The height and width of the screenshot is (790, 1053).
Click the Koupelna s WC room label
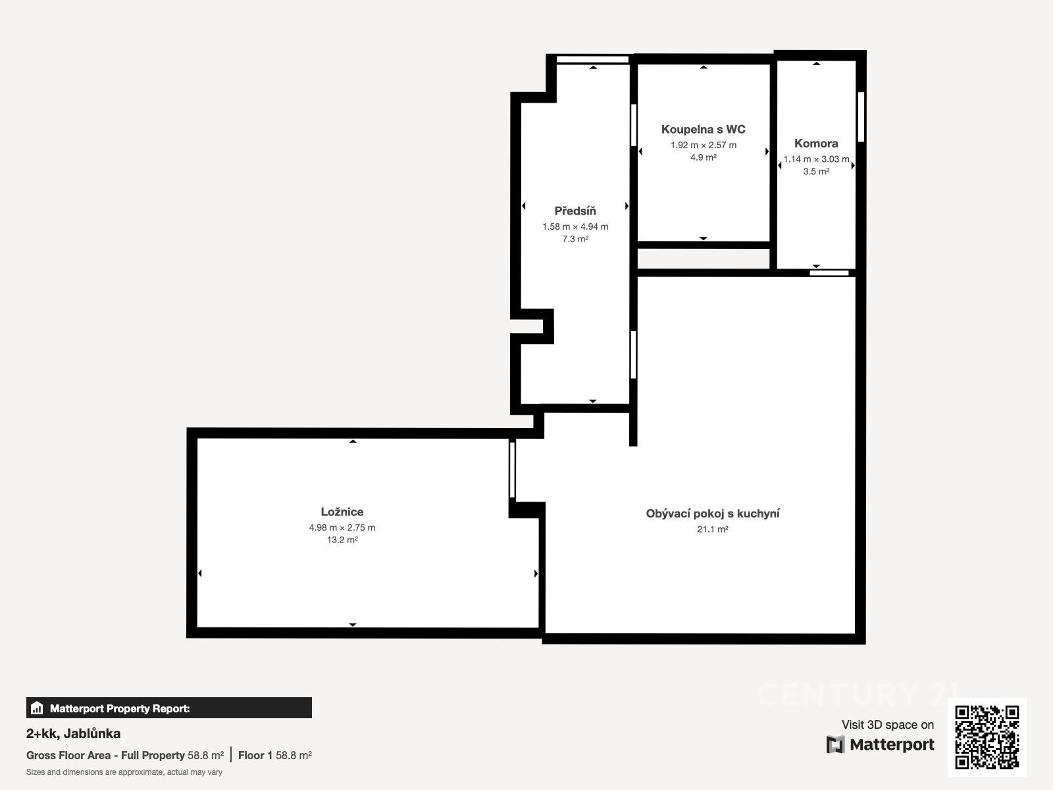point(704,129)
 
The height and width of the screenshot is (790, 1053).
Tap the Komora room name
point(816,143)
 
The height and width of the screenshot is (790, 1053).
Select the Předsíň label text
point(575,211)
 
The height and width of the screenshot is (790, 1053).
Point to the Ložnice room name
point(342,512)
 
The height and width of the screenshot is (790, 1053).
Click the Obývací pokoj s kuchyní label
point(712,513)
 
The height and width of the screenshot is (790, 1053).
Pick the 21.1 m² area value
point(712,529)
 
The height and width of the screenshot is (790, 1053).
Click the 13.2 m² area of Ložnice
point(342,540)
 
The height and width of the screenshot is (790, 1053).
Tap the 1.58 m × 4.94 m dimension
point(575,226)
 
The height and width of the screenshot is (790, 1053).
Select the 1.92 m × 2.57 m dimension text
point(704,145)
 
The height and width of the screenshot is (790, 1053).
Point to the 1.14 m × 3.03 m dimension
point(816,159)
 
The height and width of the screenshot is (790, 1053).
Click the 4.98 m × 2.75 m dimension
point(342,527)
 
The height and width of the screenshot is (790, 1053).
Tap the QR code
point(987,737)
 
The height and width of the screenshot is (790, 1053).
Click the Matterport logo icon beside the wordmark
point(835,745)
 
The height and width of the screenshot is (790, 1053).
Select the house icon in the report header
point(37,708)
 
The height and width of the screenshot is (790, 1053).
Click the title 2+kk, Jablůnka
point(74,733)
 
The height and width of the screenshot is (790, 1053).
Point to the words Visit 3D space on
point(888,724)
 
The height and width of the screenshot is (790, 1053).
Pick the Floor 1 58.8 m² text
point(275,755)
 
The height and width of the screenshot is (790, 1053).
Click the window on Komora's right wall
point(861,117)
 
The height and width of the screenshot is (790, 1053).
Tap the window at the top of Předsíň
point(592,59)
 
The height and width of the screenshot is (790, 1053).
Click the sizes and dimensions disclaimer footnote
point(124,772)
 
